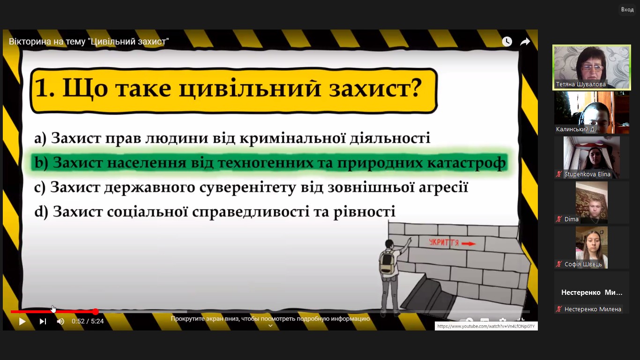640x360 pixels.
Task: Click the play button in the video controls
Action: coord(22,322)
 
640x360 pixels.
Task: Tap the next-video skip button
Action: coord(43,322)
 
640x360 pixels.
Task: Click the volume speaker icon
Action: coord(60,322)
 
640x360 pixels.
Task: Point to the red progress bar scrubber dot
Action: coord(96,311)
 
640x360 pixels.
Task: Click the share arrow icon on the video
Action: coord(525,42)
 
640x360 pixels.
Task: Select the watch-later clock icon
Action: coord(507,41)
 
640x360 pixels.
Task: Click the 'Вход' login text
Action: coord(627,9)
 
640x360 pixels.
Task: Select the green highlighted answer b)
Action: coord(269,162)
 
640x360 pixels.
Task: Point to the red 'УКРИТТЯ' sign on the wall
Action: coord(452,243)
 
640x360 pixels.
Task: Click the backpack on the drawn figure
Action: coord(387,262)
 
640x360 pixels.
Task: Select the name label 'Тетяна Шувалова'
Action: coord(580,84)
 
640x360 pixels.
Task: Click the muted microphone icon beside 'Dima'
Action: coord(559,219)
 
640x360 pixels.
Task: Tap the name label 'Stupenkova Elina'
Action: coord(587,174)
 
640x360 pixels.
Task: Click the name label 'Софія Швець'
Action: coord(583,264)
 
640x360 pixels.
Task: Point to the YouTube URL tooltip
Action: coord(486,326)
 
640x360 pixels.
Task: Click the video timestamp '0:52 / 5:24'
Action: coord(88,322)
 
